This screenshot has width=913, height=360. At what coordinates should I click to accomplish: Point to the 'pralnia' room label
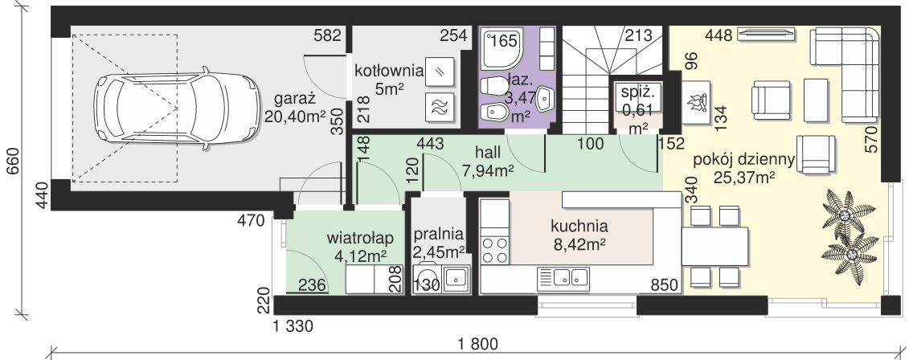439,235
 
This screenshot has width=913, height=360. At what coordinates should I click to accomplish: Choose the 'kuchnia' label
579,226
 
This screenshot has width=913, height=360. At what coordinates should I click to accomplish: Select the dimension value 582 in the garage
328,36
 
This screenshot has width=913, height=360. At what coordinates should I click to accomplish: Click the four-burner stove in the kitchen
494,250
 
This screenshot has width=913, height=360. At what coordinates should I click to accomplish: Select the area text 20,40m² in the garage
294,116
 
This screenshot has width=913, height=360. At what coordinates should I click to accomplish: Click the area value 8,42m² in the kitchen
579,243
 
